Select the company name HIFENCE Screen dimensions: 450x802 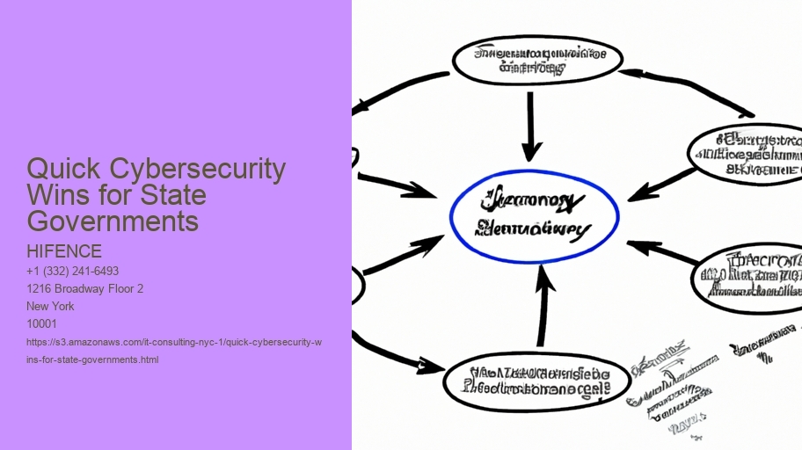coord(64,251)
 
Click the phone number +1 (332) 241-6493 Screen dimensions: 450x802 coord(73,271)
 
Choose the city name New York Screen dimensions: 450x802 coord(51,306)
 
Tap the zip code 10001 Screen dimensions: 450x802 coord(41,323)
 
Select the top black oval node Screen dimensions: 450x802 coord(537,59)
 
